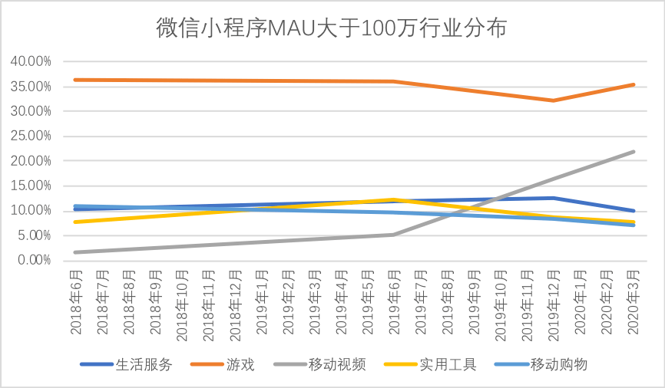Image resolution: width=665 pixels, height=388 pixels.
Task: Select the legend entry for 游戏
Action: tap(240, 364)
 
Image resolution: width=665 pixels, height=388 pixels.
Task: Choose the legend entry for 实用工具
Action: tap(448, 364)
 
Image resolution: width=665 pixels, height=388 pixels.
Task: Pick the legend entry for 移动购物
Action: tap(558, 364)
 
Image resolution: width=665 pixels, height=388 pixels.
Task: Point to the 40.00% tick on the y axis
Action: tap(31, 61)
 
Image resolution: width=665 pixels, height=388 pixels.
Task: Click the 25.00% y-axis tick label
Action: tap(31, 136)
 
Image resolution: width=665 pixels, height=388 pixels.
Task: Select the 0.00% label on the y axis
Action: tap(35, 261)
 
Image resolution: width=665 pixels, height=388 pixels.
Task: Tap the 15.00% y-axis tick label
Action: tap(31, 186)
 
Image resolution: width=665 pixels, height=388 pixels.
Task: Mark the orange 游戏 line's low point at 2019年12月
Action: tap(553, 100)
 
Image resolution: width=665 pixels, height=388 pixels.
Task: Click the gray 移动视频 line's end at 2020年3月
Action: tap(633, 152)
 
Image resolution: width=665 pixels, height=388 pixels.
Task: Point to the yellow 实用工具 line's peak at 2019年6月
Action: tap(393, 199)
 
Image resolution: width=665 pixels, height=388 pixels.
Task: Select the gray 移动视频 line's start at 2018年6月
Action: tap(75, 252)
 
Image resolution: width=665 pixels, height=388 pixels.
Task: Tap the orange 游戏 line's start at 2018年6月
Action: tap(75, 80)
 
